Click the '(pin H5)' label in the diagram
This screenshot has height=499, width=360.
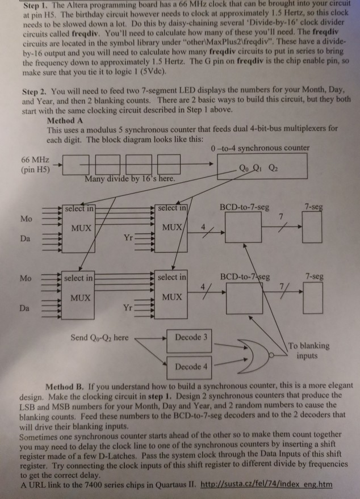click(x=35, y=169)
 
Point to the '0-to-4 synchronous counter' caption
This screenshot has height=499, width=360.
click(x=259, y=148)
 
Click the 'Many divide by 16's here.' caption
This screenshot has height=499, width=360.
click(x=129, y=179)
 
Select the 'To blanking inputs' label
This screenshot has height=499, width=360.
click(x=309, y=350)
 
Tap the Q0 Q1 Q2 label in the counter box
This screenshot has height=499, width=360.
click(x=259, y=167)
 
